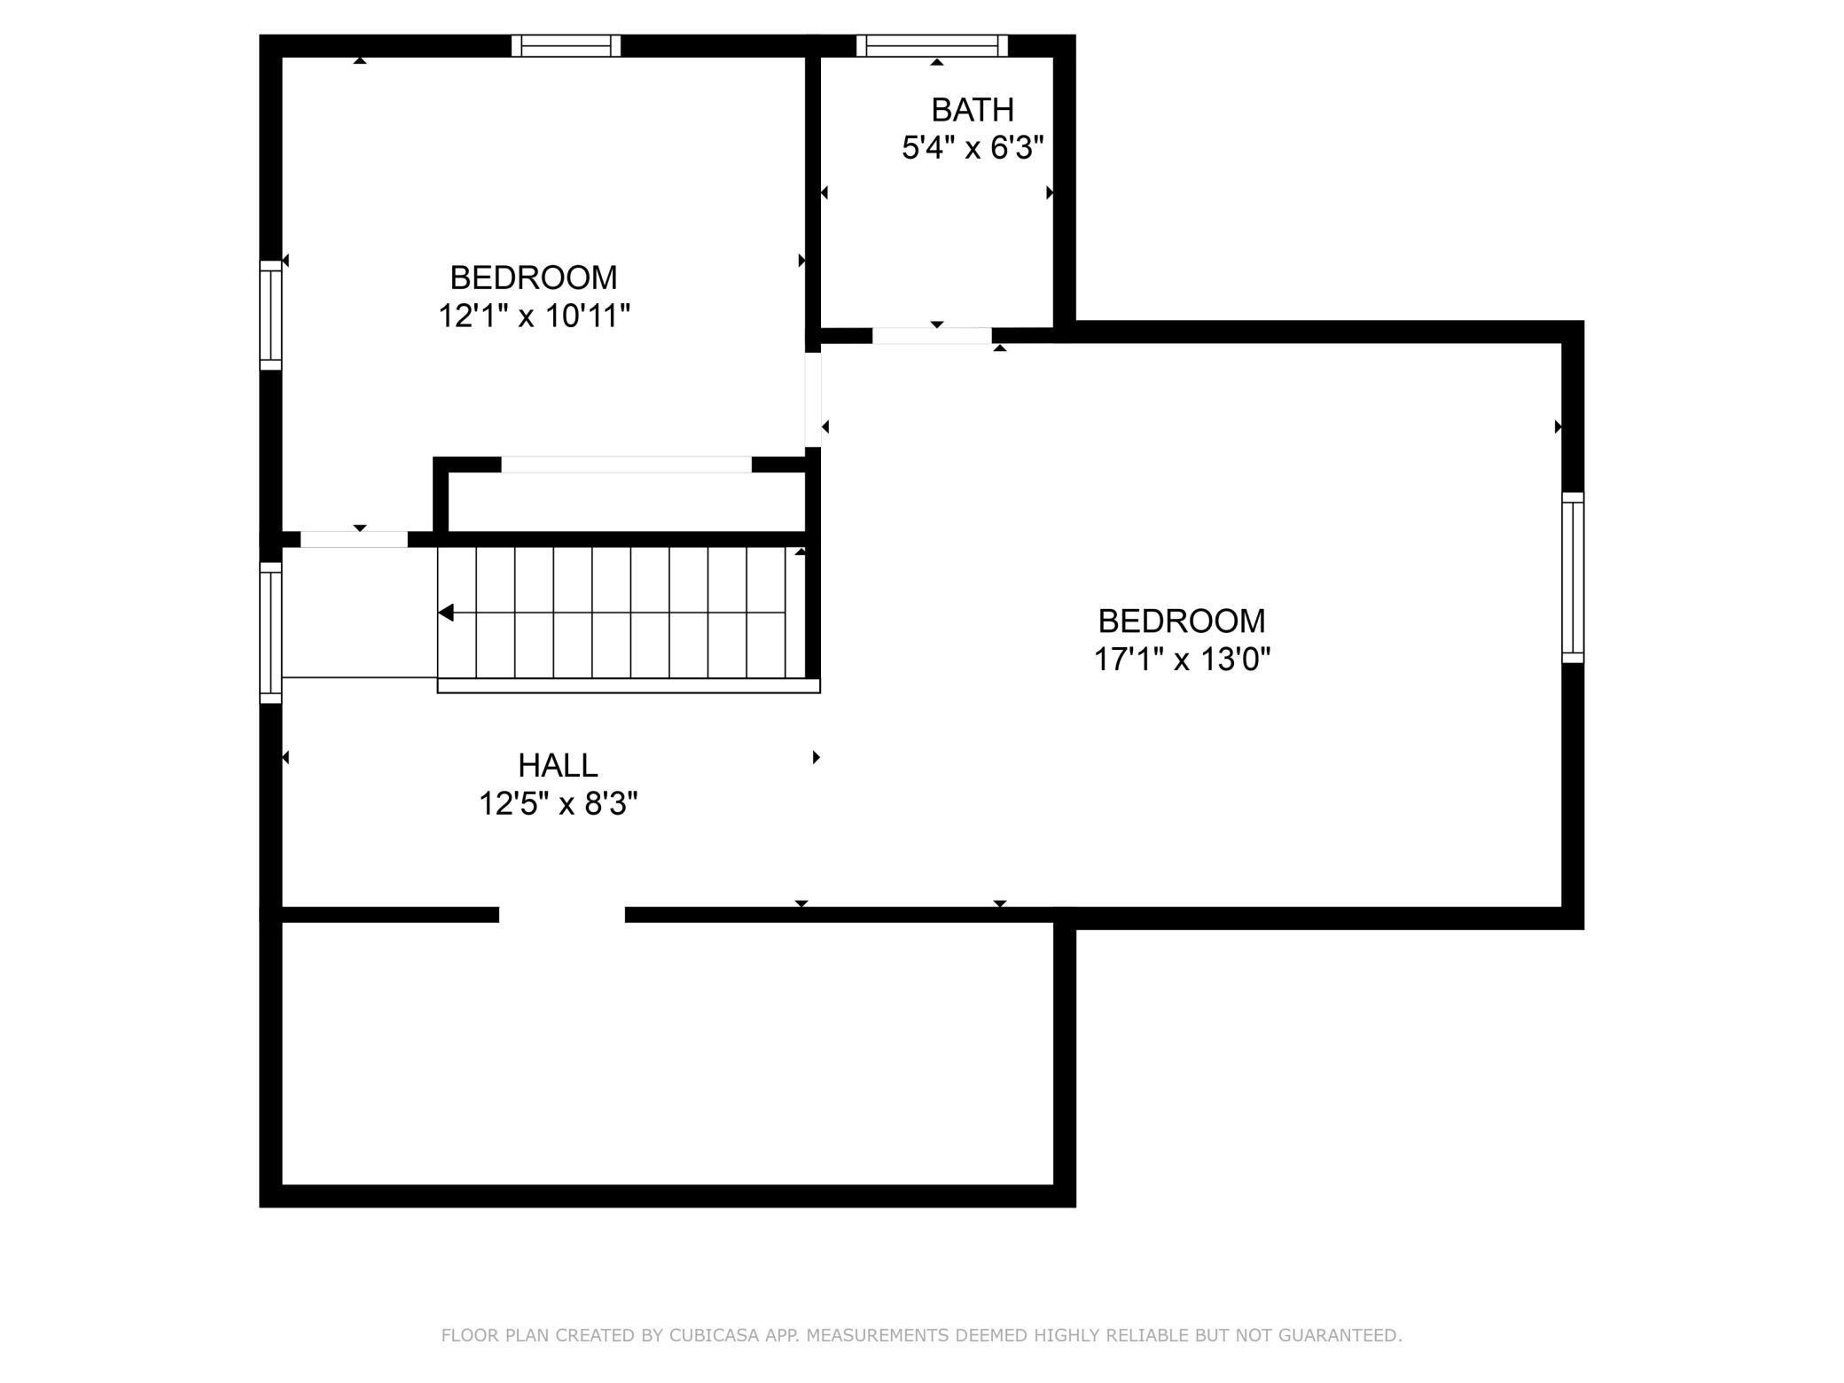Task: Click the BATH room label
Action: [972, 110]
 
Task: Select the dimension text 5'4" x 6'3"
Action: [972, 148]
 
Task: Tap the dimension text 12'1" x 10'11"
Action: [534, 316]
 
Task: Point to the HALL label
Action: [558, 765]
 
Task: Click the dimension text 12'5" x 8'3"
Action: [558, 804]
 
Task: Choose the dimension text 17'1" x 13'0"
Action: [1181, 660]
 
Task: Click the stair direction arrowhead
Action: [446, 613]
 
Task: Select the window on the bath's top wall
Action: [932, 45]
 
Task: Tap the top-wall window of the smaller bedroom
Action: [566, 45]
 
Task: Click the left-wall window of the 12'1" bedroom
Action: [270, 315]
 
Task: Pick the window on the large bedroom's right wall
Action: [1572, 577]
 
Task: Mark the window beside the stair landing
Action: [270, 633]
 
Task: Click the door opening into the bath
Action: [931, 335]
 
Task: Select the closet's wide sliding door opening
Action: [626, 465]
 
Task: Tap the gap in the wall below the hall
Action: [562, 915]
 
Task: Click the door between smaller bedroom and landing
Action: [354, 539]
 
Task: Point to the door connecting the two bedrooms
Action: [813, 399]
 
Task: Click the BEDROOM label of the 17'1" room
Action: [1181, 621]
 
